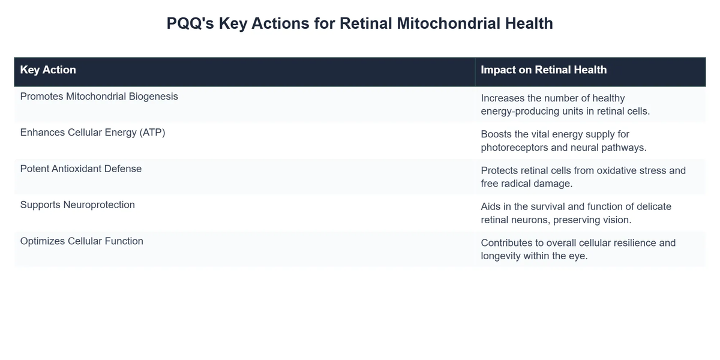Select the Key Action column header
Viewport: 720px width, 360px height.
pos(48,70)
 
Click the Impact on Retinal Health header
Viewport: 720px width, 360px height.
pos(544,70)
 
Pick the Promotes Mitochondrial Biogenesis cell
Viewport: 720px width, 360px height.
pos(99,96)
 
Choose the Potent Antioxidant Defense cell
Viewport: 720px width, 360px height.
pos(81,169)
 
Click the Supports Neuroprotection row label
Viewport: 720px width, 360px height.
pos(77,205)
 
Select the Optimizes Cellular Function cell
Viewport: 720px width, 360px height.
pos(82,241)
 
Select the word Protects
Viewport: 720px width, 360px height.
pos(500,170)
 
